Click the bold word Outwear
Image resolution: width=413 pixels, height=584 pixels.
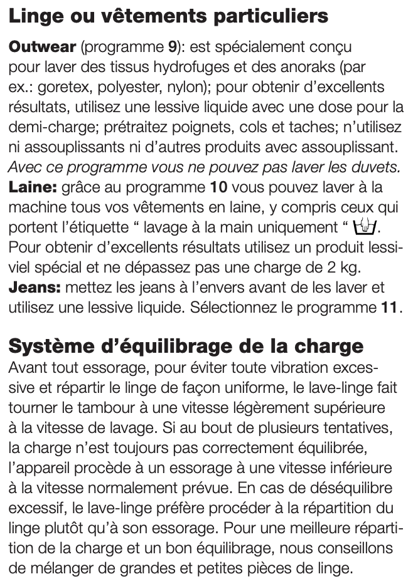[42, 47]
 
